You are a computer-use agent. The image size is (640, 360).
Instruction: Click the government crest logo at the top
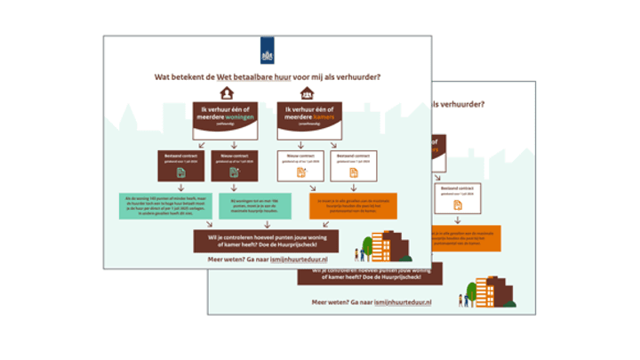[x=267, y=49]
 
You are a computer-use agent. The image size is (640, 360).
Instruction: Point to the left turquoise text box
[x=164, y=206]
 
